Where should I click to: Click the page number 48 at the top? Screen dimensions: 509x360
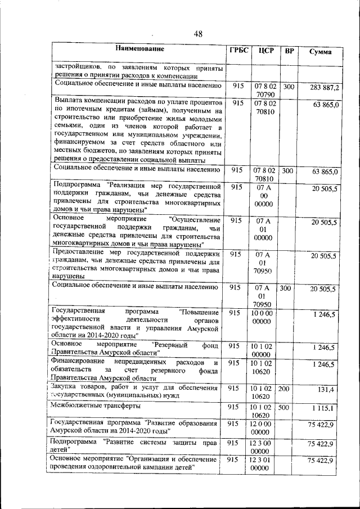pyautogui.click(x=198, y=34)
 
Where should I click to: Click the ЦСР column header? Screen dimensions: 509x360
pyautogui.click(x=265, y=51)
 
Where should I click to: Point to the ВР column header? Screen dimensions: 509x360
pyautogui.click(x=289, y=52)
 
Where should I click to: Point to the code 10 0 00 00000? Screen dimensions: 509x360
pyautogui.click(x=262, y=316)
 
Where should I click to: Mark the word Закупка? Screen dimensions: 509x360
pyautogui.click(x=65, y=387)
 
